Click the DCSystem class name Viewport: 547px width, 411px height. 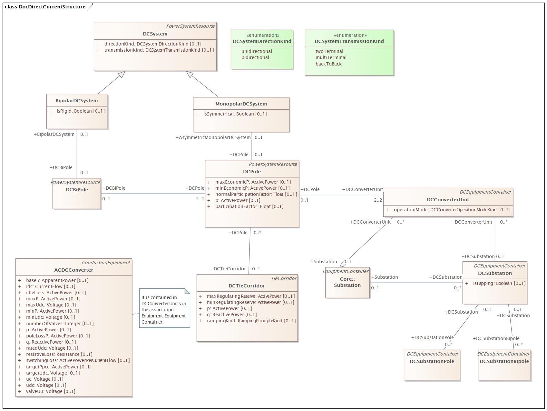(155, 34)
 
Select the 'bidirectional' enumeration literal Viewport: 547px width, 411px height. (255, 57)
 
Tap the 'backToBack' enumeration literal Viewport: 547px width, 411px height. (328, 64)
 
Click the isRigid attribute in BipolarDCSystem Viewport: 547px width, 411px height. (81, 111)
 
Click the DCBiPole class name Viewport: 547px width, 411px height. (77, 190)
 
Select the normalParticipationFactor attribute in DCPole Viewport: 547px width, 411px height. (256, 194)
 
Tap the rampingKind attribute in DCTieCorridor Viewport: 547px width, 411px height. (251, 321)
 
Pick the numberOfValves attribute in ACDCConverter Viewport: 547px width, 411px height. (60, 324)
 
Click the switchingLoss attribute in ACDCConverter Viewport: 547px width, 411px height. (78, 360)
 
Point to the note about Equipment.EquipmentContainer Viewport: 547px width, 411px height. (164, 308)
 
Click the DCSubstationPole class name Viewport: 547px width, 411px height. (432, 361)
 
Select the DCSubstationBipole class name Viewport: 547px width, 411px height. (504, 361)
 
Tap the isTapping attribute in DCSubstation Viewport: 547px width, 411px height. (499, 283)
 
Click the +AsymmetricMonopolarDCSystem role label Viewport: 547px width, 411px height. (213, 137)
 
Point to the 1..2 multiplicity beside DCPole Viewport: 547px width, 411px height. (200, 199)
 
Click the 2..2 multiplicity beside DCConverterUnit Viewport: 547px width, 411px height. (378, 200)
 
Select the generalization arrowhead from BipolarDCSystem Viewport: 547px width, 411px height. (122, 75)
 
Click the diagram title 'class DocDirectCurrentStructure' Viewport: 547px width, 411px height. (45, 7)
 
